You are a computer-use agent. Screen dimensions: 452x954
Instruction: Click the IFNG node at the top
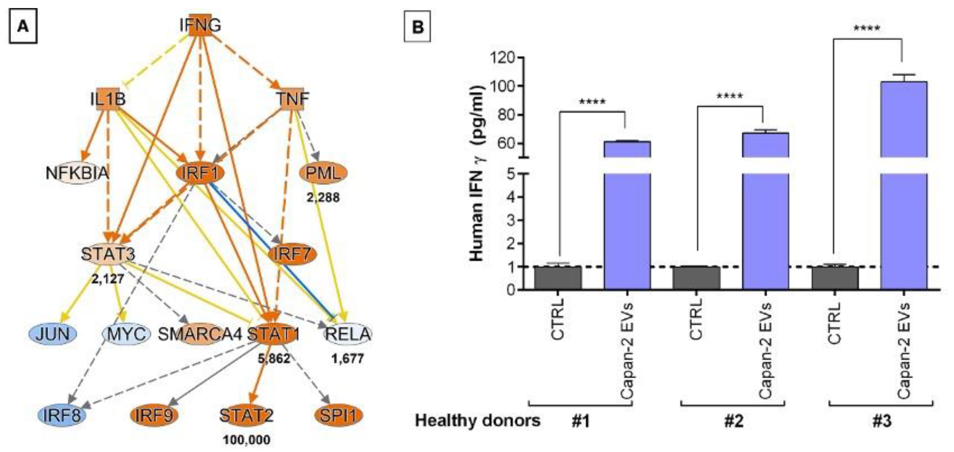point(200,25)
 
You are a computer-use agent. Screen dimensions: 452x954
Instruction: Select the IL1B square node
point(108,99)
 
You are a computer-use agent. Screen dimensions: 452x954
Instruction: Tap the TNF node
point(292,99)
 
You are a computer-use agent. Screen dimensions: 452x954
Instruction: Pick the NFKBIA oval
point(77,173)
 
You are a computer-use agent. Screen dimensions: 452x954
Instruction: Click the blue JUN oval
point(53,334)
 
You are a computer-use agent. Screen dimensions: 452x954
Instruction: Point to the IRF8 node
point(62,415)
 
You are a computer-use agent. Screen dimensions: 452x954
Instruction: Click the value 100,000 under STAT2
point(247,440)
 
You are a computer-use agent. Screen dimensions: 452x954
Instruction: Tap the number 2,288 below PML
point(323,198)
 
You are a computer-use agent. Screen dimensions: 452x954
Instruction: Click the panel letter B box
point(417,27)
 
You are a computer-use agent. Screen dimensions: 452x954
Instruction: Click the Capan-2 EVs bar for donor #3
point(904,222)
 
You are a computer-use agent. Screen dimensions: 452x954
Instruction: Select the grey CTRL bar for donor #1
point(558,278)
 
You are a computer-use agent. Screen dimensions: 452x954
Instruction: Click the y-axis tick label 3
point(511,220)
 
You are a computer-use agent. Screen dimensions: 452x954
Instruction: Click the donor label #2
point(734,421)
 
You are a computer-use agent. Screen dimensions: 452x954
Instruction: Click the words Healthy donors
point(478,421)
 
